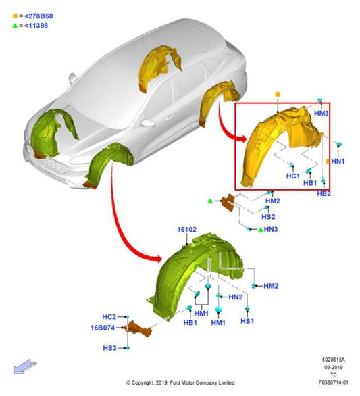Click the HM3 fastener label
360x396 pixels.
pyautogui.click(x=321, y=113)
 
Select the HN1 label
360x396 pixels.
pyautogui.click(x=338, y=161)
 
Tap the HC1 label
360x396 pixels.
pyautogui.click(x=293, y=176)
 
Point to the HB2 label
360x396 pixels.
pyautogui.click(x=324, y=194)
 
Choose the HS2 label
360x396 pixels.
pyautogui.click(x=268, y=217)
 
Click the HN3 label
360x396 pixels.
pyautogui.click(x=271, y=229)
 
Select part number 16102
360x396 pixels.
pyautogui.click(x=186, y=230)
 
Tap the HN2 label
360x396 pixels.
pyautogui.click(x=235, y=297)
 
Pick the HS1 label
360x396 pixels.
pyautogui.click(x=247, y=321)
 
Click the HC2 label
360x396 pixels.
pyautogui.click(x=109, y=317)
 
